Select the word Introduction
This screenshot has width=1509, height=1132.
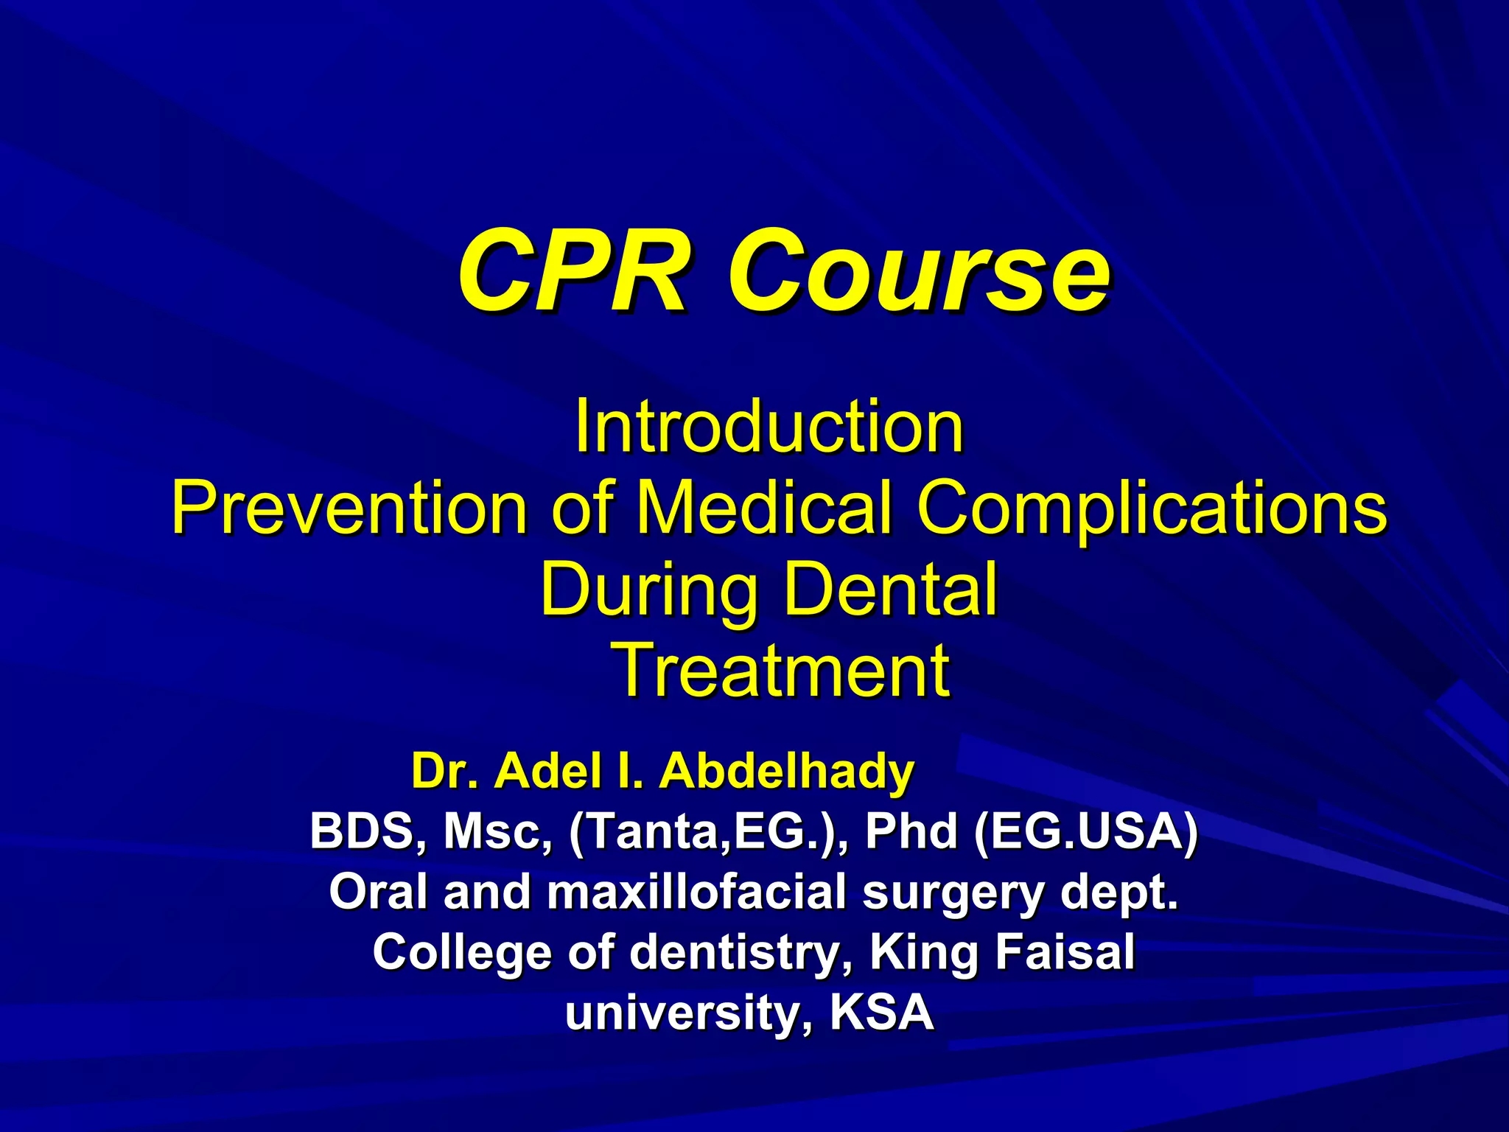(768, 427)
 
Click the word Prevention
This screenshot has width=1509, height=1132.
(349, 508)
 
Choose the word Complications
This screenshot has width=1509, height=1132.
(1152, 508)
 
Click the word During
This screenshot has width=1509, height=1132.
(648, 589)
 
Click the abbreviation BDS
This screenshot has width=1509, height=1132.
(360, 832)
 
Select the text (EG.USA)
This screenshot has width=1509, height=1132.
(1085, 832)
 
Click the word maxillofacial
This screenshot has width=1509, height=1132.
(696, 892)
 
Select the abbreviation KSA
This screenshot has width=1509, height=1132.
(881, 1012)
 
